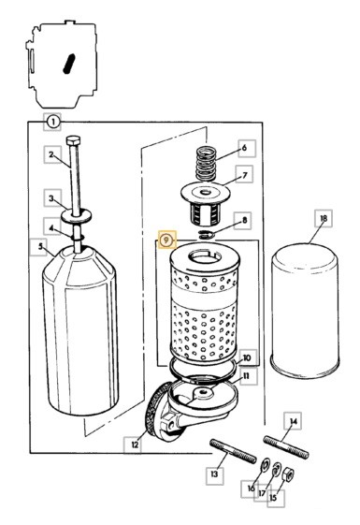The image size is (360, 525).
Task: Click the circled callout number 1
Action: click(x=52, y=122)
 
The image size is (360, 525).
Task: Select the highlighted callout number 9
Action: click(x=166, y=241)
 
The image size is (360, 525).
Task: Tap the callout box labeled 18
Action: click(x=324, y=219)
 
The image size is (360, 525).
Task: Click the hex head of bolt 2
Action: click(x=73, y=139)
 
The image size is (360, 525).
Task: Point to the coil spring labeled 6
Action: click(x=206, y=164)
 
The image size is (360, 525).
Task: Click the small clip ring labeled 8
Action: click(x=205, y=235)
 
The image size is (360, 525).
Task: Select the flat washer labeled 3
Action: click(x=76, y=215)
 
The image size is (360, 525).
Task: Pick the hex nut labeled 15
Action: click(x=288, y=474)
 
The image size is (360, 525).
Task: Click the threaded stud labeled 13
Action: click(x=233, y=451)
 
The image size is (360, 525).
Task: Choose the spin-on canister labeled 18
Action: click(x=305, y=311)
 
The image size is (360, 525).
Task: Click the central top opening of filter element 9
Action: click(x=205, y=257)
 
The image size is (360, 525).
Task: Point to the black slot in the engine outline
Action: click(x=69, y=64)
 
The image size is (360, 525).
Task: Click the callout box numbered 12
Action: click(x=135, y=445)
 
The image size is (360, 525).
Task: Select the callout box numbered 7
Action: click(x=245, y=175)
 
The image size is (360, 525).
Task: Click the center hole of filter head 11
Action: click(x=204, y=391)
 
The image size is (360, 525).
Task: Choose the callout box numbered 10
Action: click(x=247, y=357)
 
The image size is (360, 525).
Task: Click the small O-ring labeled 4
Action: click(x=78, y=238)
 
